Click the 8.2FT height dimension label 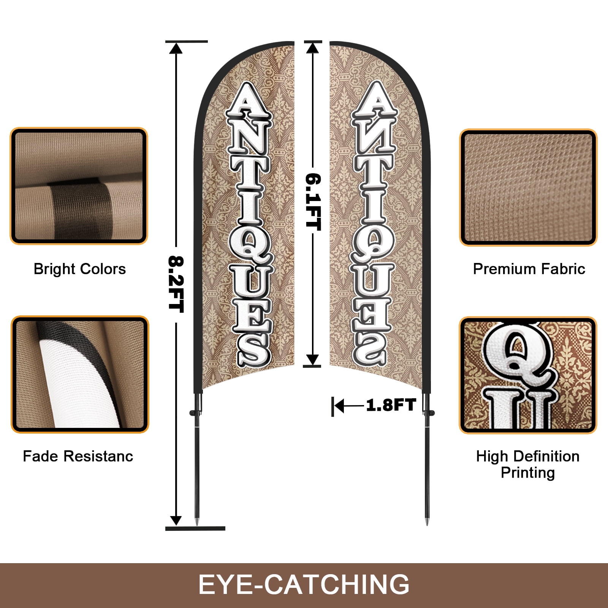(x=176, y=284)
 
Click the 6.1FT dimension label (x=313, y=202)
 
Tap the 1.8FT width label (x=391, y=405)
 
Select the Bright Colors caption (x=80, y=269)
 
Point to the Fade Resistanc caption (x=78, y=456)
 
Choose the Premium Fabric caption (x=529, y=269)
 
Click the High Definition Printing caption (x=528, y=464)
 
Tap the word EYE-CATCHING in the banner (x=304, y=584)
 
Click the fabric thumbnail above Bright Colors (x=79, y=186)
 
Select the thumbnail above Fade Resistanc (x=80, y=374)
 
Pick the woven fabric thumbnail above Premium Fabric (x=528, y=187)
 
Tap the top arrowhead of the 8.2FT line (x=176, y=48)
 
